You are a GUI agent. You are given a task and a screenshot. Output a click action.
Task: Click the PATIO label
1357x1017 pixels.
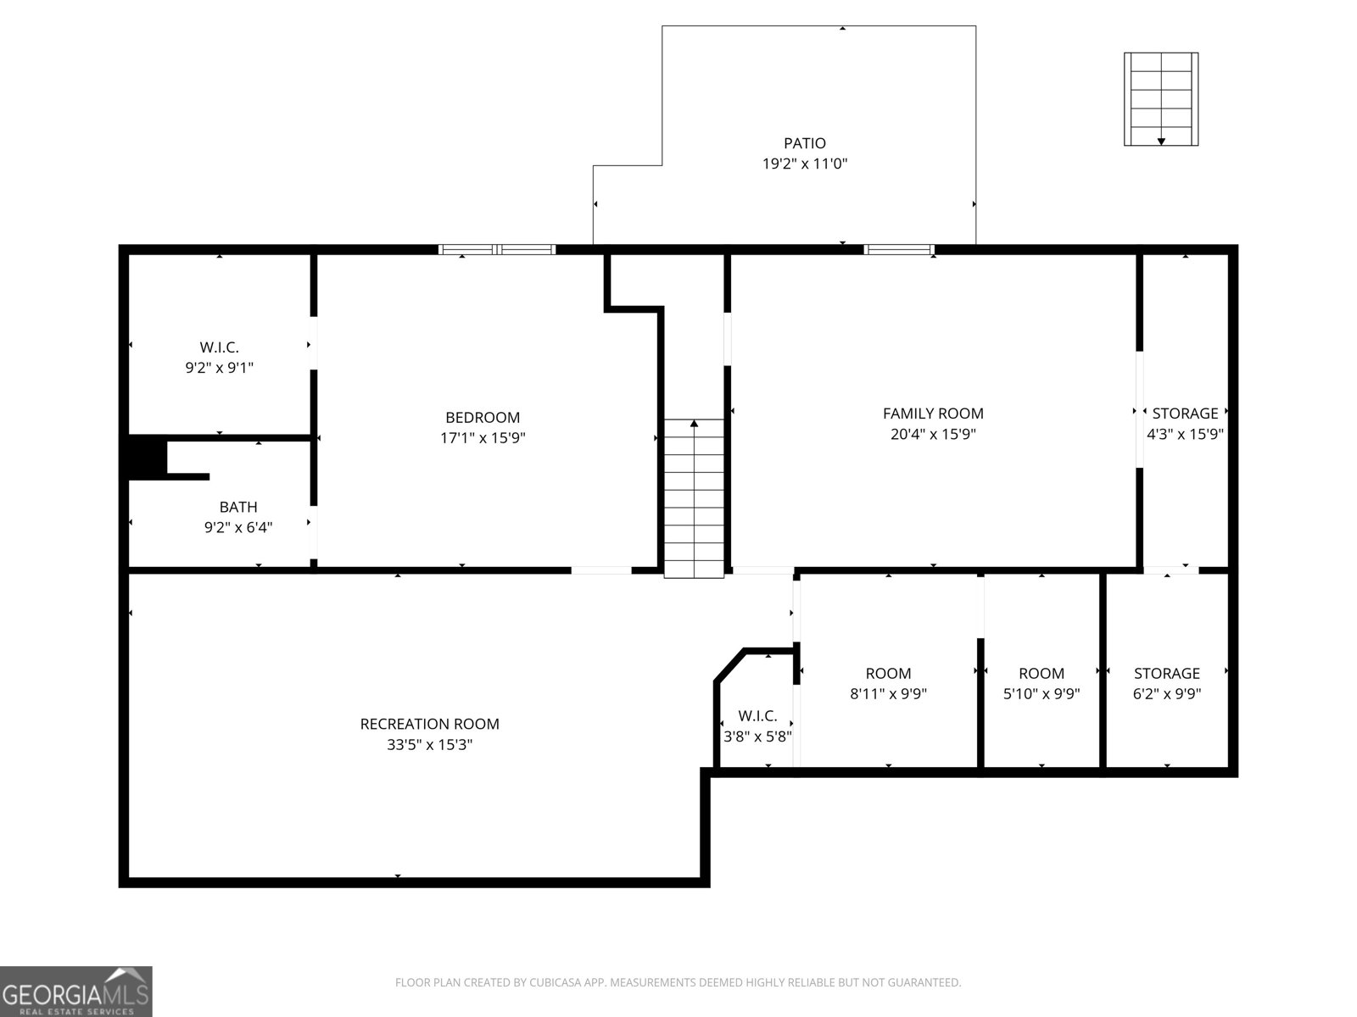point(804,143)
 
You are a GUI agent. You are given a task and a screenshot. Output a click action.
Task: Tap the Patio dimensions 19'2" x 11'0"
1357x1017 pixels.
point(804,164)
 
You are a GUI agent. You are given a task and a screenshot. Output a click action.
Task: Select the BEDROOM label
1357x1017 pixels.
point(483,417)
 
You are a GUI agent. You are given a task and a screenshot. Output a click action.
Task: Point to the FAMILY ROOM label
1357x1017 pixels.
point(933,414)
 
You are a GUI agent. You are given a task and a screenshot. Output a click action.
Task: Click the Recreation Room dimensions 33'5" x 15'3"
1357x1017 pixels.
point(429,745)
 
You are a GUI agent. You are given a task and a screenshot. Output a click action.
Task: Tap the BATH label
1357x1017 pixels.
point(238,507)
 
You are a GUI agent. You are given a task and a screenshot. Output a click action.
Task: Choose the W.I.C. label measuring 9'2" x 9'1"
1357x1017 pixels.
point(220,347)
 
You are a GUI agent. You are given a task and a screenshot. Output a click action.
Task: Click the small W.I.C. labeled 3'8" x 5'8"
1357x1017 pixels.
point(757,715)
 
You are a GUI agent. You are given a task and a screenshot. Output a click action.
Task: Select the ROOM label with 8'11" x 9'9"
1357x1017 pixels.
point(888,673)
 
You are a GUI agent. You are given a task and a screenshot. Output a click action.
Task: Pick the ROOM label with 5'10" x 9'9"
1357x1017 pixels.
point(1041,673)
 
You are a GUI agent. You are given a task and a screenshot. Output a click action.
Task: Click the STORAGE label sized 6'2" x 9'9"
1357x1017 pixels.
point(1167,673)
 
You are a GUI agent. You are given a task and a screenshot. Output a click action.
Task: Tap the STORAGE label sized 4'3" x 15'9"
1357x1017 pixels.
point(1185,414)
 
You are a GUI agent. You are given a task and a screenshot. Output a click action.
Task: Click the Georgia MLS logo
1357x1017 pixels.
point(75,992)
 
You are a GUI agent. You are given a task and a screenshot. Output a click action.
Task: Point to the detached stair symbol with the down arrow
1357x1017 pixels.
point(1161,99)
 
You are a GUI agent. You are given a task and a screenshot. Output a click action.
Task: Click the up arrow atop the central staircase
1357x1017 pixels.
point(694,423)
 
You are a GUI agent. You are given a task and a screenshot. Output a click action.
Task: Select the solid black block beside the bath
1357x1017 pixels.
point(147,457)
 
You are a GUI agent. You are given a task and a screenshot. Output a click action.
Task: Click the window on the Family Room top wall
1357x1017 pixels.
point(899,249)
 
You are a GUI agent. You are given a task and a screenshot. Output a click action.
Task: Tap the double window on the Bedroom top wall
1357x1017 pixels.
point(497,249)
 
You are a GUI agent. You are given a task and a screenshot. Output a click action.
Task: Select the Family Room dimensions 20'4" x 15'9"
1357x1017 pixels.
point(933,435)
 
